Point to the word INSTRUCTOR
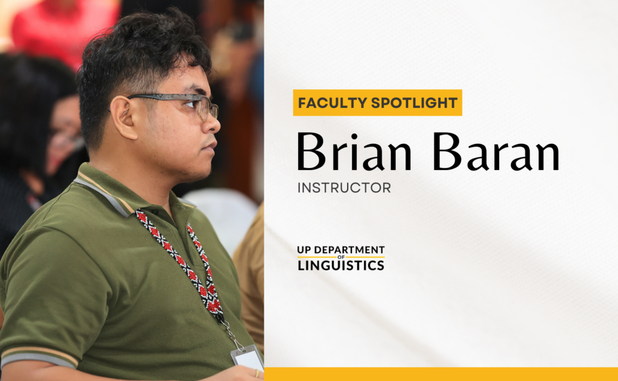[344, 188]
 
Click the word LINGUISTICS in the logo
[341, 265]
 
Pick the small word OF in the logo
[341, 257]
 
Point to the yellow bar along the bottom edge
[441, 374]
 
